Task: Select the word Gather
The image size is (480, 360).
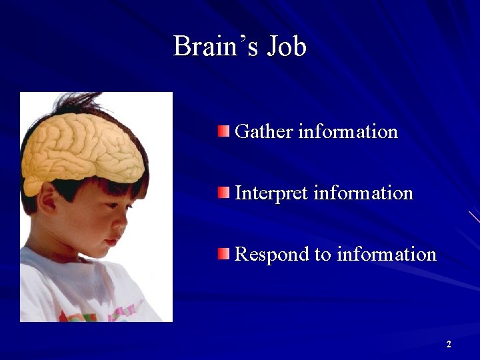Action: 264,131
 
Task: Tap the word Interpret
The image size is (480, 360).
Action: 271,193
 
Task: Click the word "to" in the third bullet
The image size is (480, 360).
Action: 324,255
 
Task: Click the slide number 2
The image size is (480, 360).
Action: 449,344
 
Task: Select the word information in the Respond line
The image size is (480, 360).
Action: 387,255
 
